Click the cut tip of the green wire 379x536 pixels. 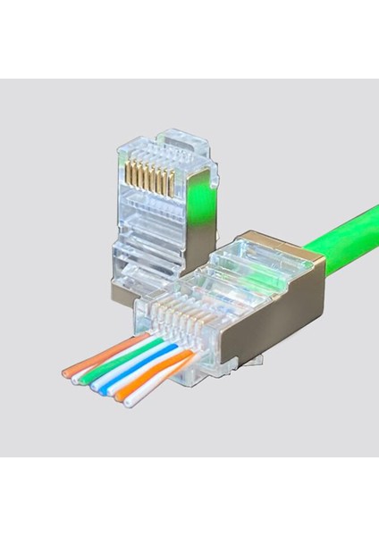click(x=92, y=380)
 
